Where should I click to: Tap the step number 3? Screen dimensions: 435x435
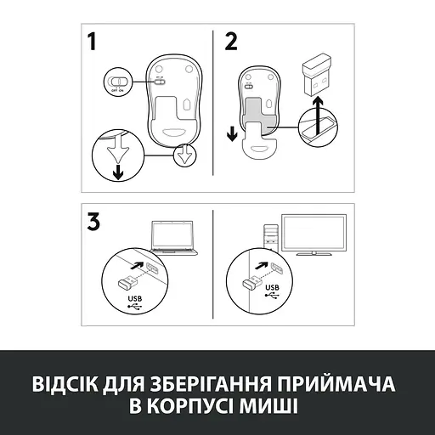[97, 222]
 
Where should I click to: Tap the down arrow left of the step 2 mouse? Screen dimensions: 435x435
[232, 135]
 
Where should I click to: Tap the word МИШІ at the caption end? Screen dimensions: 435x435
[270, 404]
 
